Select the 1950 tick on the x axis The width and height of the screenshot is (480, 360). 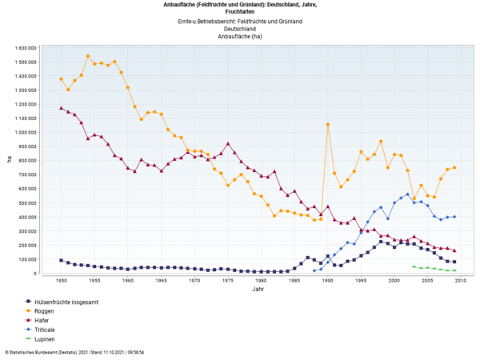[61, 281]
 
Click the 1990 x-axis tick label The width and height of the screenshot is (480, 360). [328, 281]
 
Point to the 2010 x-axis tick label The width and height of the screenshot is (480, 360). [462, 281]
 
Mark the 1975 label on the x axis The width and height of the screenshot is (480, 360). [228, 281]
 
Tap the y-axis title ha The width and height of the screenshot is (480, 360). [10, 159]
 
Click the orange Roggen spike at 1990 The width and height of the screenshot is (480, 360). [328, 125]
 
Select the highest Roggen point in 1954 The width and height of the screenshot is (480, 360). [87, 56]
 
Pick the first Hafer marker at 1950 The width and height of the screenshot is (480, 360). [61, 108]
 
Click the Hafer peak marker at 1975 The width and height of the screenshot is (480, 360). [228, 144]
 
